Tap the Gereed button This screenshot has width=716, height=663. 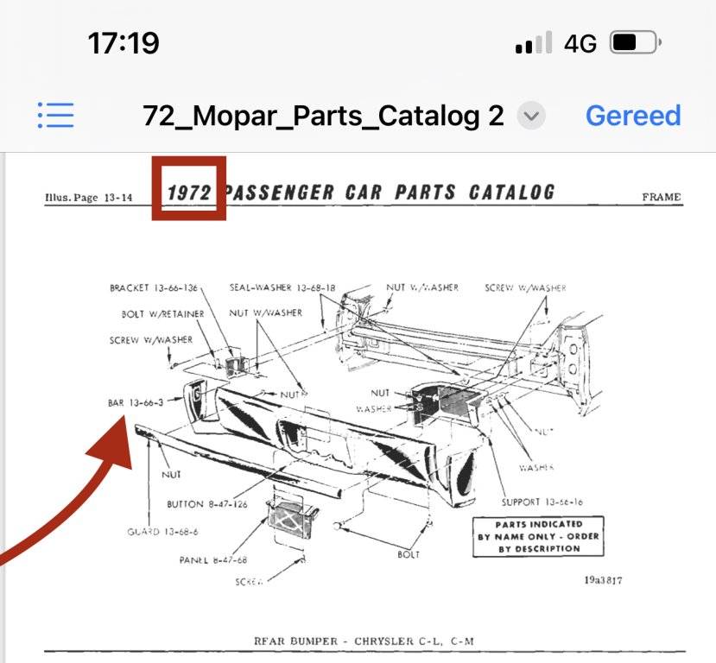[x=633, y=116]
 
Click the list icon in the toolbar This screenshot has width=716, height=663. [x=56, y=115]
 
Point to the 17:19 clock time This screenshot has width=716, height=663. [x=124, y=42]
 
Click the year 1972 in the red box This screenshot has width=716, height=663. [x=189, y=192]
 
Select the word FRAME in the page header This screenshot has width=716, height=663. [x=661, y=197]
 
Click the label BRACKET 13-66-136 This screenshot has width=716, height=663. [x=154, y=287]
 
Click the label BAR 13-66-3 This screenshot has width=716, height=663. [x=136, y=402]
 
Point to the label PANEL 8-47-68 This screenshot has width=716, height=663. [x=212, y=559]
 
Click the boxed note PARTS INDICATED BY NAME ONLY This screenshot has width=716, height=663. [x=538, y=536]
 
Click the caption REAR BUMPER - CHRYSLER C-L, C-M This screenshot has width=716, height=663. [x=364, y=641]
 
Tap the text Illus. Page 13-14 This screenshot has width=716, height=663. [x=89, y=198]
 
